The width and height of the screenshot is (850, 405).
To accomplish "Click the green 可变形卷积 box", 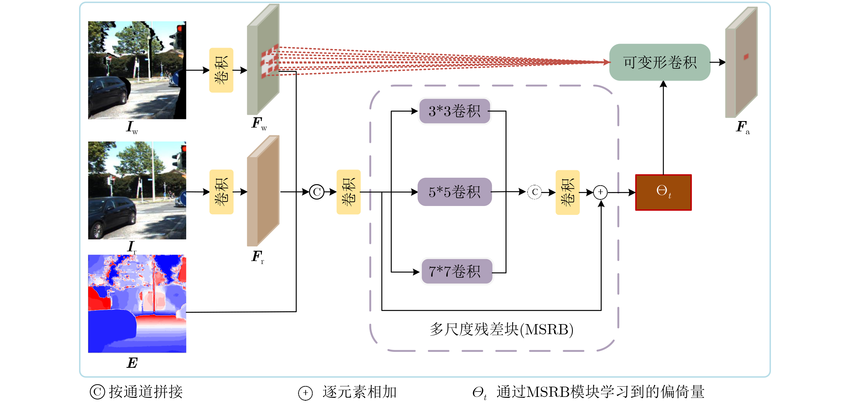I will tap(659, 62).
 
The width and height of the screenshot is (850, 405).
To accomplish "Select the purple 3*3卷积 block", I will tap(454, 111).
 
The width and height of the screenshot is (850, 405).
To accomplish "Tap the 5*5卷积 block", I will tap(454, 192).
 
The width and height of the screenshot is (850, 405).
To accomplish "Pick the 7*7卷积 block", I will tap(457, 272).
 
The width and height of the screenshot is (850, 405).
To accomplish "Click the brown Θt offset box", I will tap(663, 192).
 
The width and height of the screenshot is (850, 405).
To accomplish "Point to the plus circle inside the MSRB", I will tap(600, 192).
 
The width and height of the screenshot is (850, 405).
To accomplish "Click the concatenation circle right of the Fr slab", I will tap(317, 192).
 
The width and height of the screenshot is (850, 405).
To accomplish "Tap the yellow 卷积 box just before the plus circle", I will tap(567, 192).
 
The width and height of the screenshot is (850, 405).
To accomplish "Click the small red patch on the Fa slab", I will tap(746, 57).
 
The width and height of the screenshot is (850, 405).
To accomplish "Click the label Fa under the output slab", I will tap(742, 127).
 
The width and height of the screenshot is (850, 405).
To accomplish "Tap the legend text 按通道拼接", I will tap(145, 392).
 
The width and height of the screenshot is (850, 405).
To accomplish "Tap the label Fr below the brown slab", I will tap(258, 257).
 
